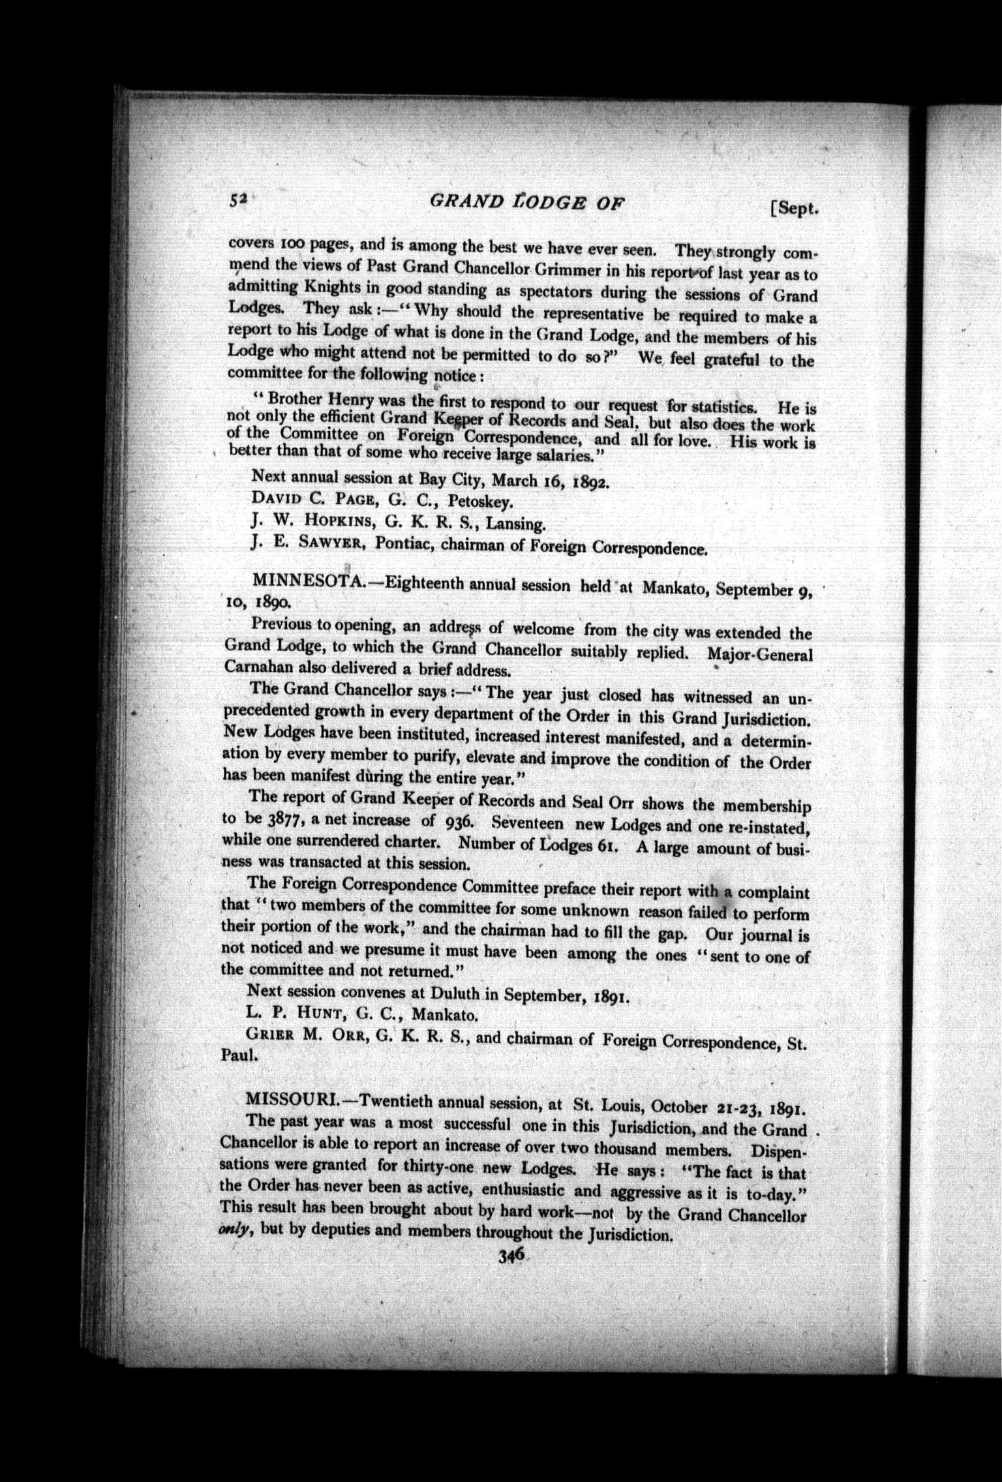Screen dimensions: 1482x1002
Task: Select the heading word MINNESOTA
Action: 305,579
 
